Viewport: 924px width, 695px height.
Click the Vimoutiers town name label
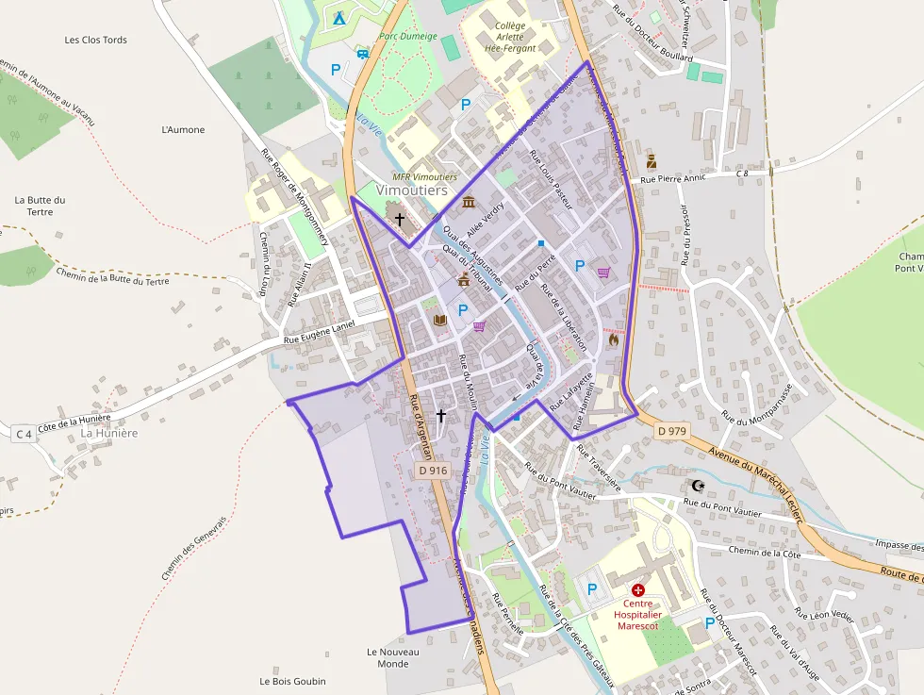[411, 190]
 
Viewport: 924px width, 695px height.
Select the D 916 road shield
[432, 471]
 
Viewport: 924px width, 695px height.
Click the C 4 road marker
[24, 434]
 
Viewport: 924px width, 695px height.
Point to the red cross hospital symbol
[637, 588]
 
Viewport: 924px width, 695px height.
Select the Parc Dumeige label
[408, 37]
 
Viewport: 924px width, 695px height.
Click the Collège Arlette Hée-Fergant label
[510, 37]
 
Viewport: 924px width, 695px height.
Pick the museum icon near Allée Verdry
[469, 201]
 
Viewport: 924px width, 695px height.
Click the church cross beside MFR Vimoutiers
[400, 220]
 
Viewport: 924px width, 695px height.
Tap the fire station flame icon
[613, 339]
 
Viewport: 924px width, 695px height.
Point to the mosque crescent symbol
[698, 485]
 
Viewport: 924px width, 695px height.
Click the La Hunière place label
[109, 433]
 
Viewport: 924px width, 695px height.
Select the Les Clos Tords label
[95, 40]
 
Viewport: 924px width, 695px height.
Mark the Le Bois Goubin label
[292, 681]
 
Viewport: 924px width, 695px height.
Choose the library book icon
[439, 320]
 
